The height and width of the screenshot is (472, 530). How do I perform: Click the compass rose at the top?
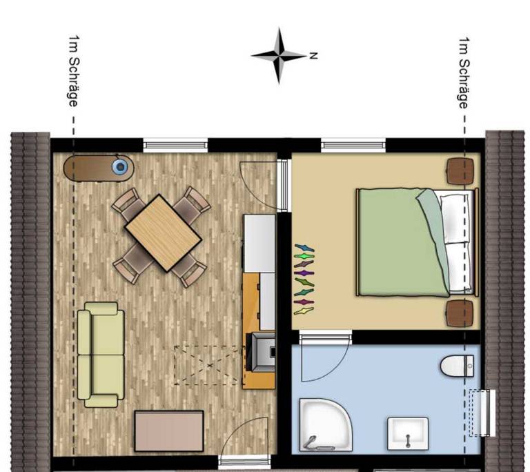click(278, 55)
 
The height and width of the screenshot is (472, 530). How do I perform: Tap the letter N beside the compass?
click(313, 55)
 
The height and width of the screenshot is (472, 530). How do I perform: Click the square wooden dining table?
click(163, 232)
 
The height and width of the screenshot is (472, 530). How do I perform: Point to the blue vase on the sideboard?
click(121, 166)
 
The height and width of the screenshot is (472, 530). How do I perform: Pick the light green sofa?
click(101, 354)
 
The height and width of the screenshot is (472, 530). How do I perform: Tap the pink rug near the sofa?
click(169, 431)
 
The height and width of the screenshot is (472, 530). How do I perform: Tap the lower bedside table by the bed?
click(460, 313)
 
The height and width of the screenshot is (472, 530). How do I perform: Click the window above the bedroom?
click(353, 145)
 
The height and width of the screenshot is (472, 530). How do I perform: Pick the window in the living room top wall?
click(175, 145)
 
